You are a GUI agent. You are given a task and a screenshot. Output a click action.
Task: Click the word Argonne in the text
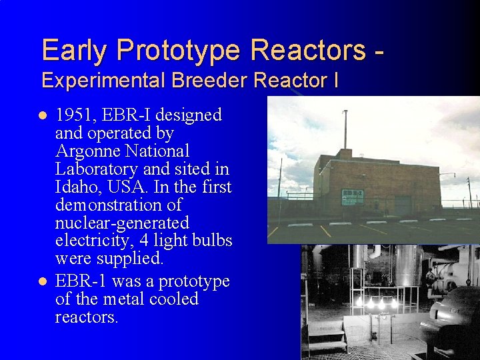pyautogui.click(x=84, y=151)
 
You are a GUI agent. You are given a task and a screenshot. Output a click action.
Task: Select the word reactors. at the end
pyautogui.click(x=87, y=317)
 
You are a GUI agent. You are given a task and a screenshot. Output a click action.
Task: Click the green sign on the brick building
pyautogui.click(x=353, y=196)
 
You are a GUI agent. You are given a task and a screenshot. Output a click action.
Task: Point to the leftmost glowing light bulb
pyautogui.click(x=360, y=302)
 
